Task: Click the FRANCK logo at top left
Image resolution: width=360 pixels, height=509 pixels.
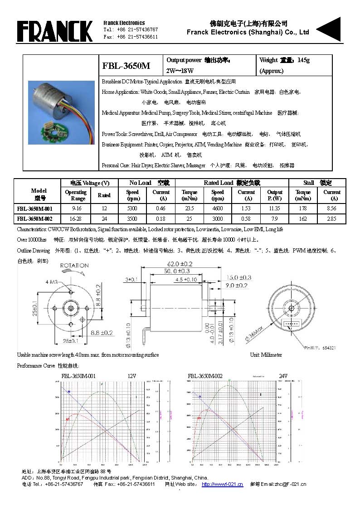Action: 54,31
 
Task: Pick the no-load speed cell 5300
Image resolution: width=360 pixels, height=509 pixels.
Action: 132,208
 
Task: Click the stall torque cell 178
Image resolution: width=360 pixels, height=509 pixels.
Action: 303,208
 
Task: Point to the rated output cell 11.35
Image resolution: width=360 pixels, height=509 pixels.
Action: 275,208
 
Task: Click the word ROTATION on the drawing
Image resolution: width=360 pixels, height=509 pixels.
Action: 74,266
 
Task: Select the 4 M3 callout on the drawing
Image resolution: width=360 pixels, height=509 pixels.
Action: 52,282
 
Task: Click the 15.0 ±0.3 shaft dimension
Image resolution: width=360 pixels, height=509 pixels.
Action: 238,277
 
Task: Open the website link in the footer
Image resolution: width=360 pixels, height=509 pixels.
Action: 222,484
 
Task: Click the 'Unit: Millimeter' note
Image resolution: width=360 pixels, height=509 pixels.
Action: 266,355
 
